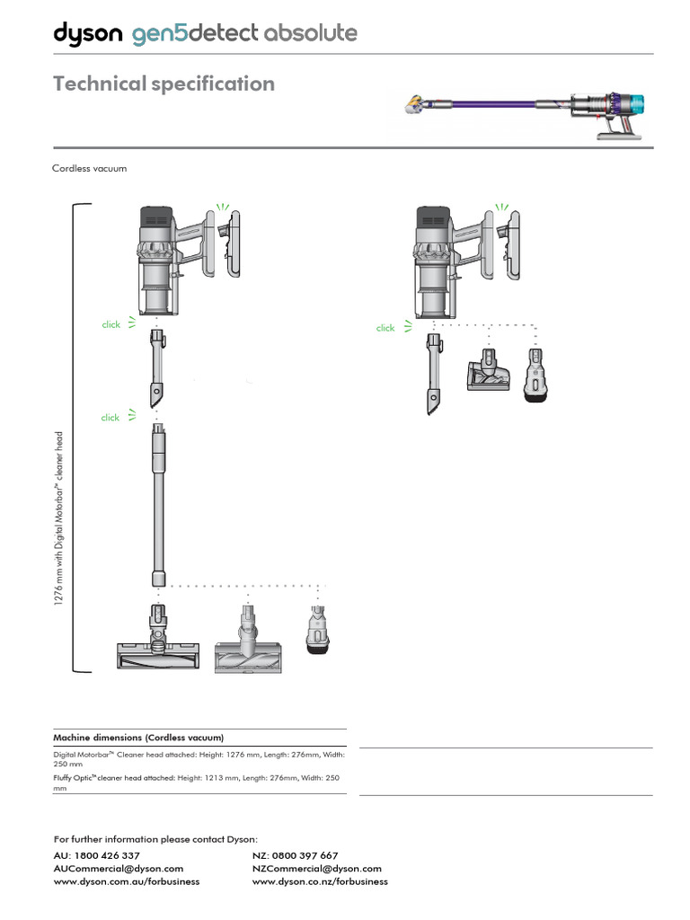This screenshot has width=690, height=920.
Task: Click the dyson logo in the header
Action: pos(88,34)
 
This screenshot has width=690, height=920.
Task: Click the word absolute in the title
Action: pos(308,34)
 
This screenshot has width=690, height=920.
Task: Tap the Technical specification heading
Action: pos(164,84)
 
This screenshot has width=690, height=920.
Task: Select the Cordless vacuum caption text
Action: pos(89,168)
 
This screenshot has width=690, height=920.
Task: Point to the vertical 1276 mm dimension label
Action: pos(59,519)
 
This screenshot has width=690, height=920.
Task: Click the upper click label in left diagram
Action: pos(111,324)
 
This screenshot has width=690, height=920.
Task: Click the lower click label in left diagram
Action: pos(111,418)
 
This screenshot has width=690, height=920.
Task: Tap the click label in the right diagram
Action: pos(385,328)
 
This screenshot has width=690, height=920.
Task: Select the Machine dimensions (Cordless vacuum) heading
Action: pos(138,737)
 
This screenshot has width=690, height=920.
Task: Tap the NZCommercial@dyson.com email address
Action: pos(317,869)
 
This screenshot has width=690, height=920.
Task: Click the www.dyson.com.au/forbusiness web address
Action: pos(127,882)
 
